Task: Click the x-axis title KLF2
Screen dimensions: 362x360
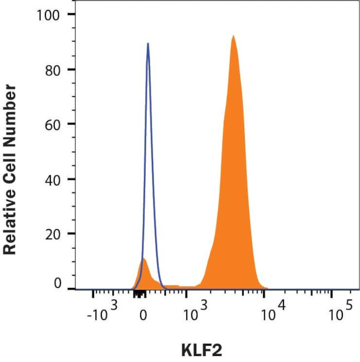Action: [x=202, y=350]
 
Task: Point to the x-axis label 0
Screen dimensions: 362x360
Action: [x=143, y=316]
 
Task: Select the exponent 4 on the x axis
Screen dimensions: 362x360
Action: [x=282, y=305]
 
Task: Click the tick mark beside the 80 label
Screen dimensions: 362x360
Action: [x=71, y=69]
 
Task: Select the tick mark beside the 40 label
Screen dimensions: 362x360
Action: [x=71, y=179]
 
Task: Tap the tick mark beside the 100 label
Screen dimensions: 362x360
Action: [x=71, y=14]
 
